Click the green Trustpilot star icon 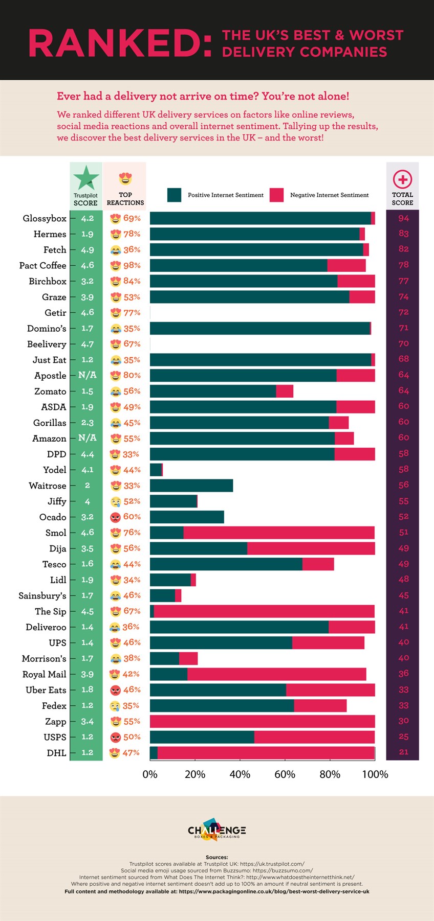(86, 178)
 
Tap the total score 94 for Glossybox (403, 218)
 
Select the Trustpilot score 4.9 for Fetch (88, 250)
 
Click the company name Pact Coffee (43, 265)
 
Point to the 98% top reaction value (132, 265)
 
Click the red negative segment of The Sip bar (264, 611)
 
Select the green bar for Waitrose (191, 486)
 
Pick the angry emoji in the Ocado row (116, 517)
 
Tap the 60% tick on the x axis (285, 774)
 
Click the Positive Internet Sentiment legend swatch (174, 195)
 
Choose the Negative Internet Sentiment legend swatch (277, 195)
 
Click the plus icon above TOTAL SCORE (402, 179)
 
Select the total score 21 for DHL (403, 752)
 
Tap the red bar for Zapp (262, 721)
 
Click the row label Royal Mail (45, 674)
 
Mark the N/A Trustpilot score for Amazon (88, 438)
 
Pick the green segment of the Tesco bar (226, 564)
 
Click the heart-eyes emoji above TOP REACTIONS (125, 179)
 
